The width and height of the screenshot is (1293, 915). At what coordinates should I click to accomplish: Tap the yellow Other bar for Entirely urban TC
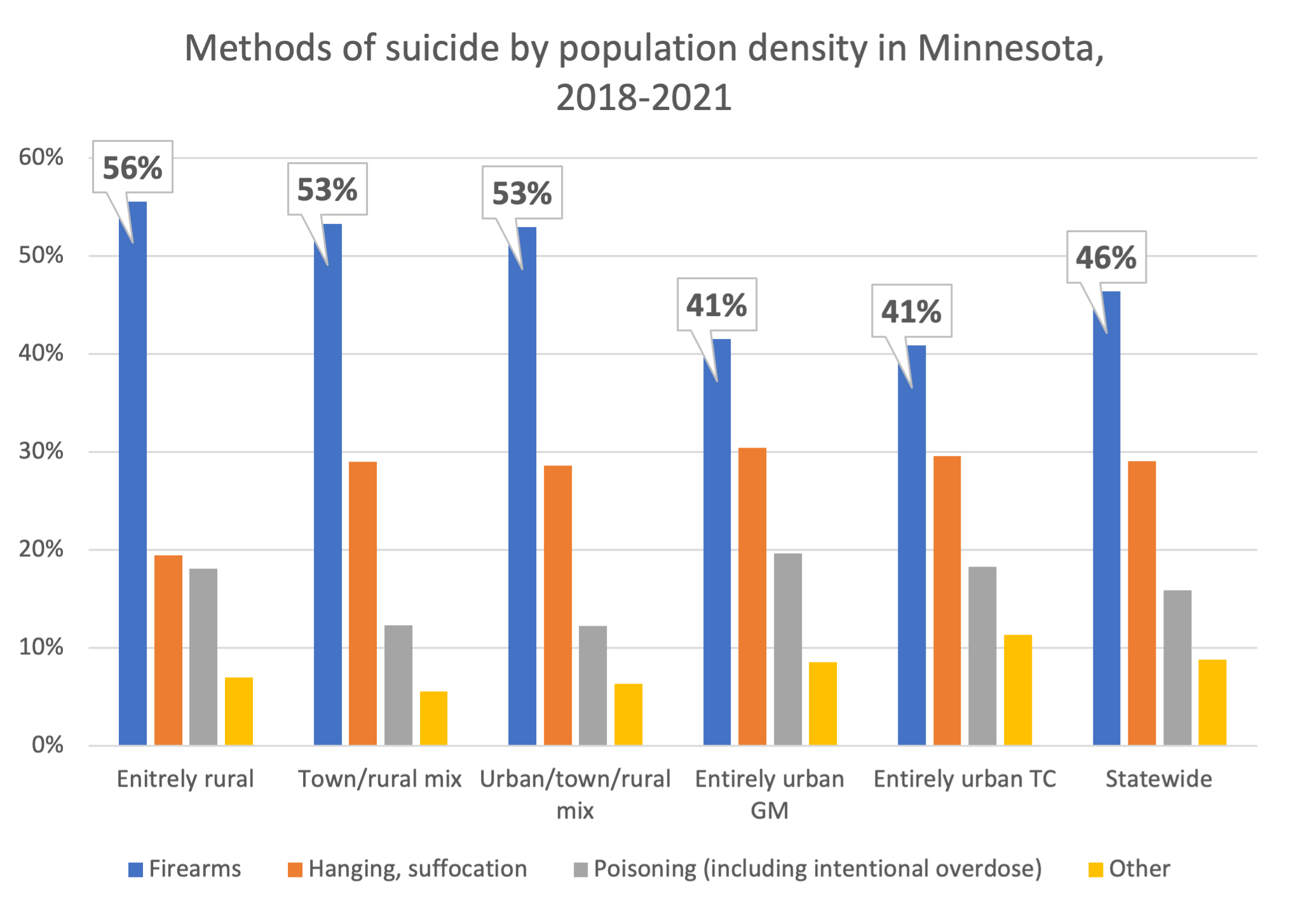pos(1017,690)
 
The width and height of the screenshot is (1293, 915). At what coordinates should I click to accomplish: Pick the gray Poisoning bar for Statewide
pos(1177,668)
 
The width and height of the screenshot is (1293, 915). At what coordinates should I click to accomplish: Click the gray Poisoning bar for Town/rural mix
pos(398,685)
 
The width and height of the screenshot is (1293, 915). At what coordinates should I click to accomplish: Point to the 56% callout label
pos(133,168)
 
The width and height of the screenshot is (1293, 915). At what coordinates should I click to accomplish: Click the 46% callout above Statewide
pos(1106,258)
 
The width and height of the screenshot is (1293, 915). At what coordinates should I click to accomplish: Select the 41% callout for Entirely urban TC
pos(911,312)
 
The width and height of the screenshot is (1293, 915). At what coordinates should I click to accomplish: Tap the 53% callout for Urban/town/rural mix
pos(522,193)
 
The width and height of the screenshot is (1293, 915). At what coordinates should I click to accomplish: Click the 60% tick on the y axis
pos(41,157)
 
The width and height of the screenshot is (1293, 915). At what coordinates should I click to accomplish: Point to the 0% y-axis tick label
pos(48,745)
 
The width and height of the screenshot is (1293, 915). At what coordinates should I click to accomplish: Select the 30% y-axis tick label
pos(41,451)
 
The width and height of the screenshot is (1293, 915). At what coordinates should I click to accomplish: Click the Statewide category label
pos(1158,778)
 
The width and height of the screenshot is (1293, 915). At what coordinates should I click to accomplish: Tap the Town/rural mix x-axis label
pos(379,778)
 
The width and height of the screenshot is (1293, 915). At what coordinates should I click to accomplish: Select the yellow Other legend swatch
pos(1095,869)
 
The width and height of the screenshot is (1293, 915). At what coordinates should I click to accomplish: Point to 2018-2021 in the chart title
pos(644,98)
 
